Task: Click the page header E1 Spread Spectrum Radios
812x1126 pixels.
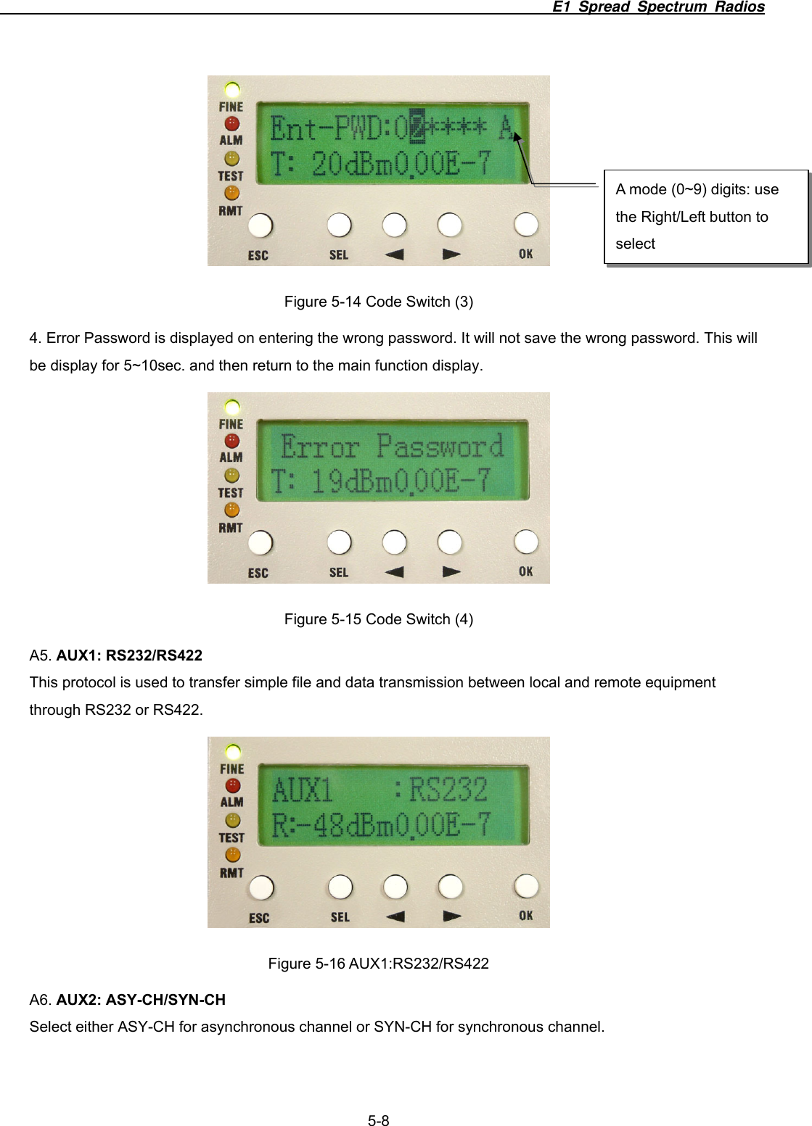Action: coord(657,7)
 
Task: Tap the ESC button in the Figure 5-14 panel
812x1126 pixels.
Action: coord(260,225)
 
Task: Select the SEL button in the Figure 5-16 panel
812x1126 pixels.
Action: coord(340,887)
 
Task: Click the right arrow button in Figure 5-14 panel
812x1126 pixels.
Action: coord(450,225)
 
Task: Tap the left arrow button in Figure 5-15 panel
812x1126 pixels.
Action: coord(394,542)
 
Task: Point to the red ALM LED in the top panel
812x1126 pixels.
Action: coord(231,124)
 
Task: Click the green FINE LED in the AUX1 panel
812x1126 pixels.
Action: coord(233,751)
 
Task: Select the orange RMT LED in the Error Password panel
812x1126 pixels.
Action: coord(231,510)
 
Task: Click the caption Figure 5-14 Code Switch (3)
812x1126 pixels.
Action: coord(378,302)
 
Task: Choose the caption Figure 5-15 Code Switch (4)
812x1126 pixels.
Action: coord(378,619)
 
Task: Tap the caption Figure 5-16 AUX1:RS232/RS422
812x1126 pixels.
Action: coord(378,964)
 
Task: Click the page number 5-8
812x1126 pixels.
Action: coord(378,1121)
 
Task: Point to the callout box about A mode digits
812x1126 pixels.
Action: coord(705,217)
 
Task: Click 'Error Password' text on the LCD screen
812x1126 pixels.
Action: coord(392,447)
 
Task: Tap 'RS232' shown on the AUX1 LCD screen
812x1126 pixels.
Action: coord(448,790)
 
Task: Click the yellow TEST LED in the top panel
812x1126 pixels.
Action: coord(231,159)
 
